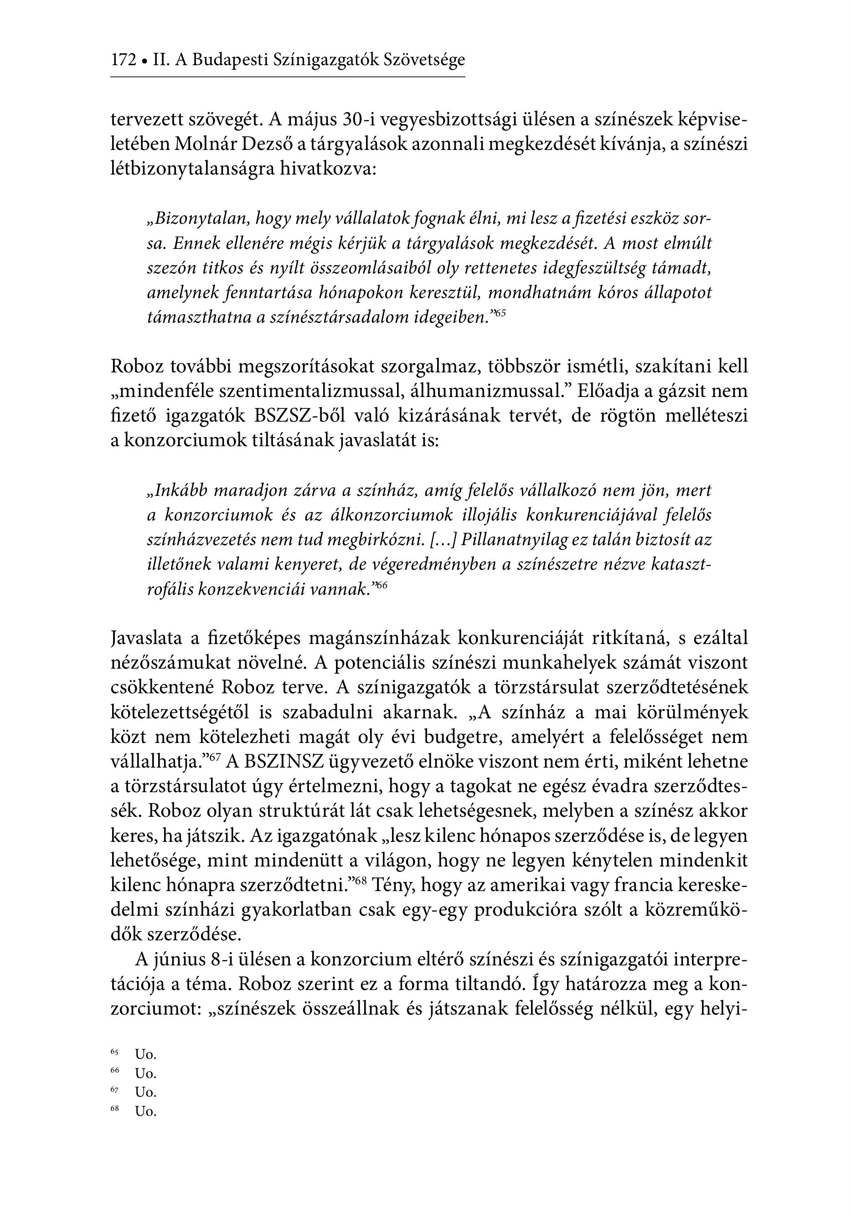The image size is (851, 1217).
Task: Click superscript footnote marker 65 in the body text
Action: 500,314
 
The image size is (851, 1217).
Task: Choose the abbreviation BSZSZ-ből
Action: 299,416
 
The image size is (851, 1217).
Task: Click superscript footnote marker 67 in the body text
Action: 215,757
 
